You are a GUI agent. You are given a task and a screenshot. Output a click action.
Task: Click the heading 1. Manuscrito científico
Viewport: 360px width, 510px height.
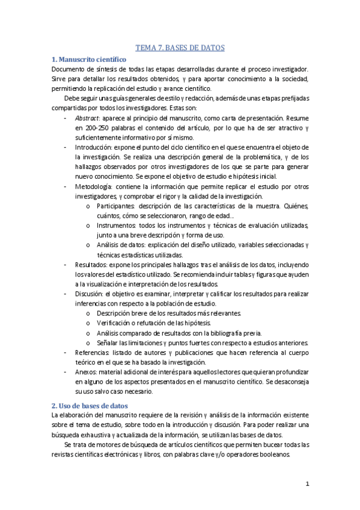pos(88,60)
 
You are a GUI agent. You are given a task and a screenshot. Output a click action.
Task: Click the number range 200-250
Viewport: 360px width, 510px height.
pos(97,128)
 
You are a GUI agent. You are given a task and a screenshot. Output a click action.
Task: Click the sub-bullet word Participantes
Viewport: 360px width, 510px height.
pos(116,206)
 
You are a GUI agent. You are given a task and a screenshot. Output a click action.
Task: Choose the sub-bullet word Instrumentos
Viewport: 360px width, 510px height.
pos(117,226)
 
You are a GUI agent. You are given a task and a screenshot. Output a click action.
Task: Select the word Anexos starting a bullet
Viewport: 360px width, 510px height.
pos(87,372)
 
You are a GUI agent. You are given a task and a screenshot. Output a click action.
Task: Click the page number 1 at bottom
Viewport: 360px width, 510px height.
pos(307,484)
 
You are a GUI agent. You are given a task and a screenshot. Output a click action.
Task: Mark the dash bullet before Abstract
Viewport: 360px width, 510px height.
pos(65,118)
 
